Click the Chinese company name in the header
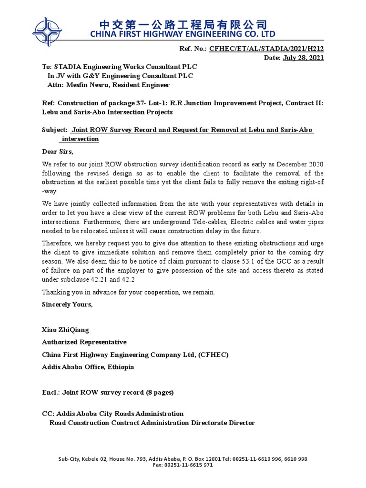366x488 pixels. (x=183, y=24)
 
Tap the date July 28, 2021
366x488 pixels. (x=303, y=58)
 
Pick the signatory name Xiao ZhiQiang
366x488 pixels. (x=65, y=330)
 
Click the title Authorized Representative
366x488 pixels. (x=84, y=342)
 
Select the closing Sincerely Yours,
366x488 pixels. (x=67, y=305)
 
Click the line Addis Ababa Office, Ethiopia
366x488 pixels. (x=88, y=367)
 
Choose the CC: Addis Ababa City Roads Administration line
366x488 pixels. (x=113, y=414)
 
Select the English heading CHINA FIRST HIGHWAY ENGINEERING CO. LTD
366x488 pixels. (x=183, y=34)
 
